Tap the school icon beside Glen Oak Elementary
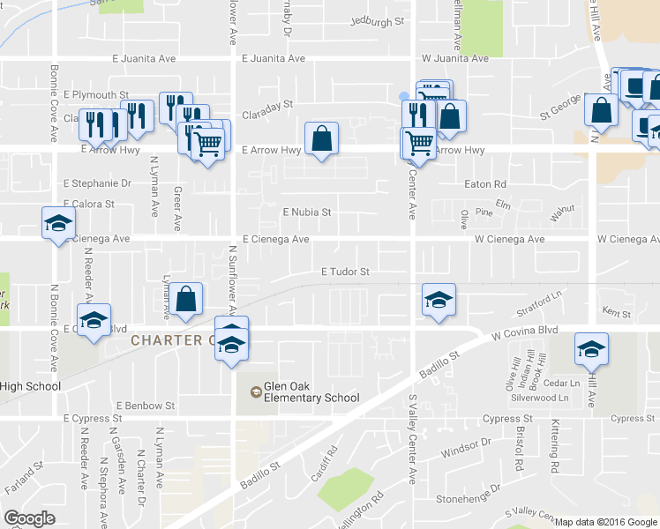click(x=255, y=390)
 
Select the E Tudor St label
click(x=345, y=272)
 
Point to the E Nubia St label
click(x=306, y=212)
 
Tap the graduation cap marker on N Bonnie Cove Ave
click(x=57, y=222)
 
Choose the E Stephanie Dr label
click(x=97, y=184)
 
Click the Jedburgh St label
click(x=377, y=20)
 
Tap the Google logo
click(x=30, y=518)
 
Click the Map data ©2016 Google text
click(x=606, y=522)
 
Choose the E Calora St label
click(x=89, y=204)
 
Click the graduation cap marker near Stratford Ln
click(x=439, y=300)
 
